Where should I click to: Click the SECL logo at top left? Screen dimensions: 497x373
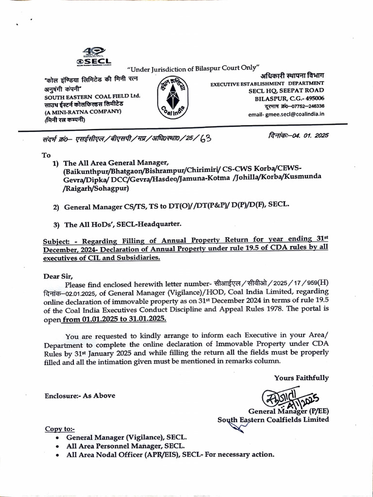click(94, 58)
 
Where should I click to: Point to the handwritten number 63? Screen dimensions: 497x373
click(205, 138)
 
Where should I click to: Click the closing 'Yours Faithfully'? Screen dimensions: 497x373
click(301, 378)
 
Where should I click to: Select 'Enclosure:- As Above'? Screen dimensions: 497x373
click(80, 396)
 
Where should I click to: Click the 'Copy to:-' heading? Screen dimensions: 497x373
click(60, 429)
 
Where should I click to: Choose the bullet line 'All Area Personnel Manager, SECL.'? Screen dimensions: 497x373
click(125, 446)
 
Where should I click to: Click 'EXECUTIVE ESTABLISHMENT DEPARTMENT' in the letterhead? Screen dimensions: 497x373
click(267, 84)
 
